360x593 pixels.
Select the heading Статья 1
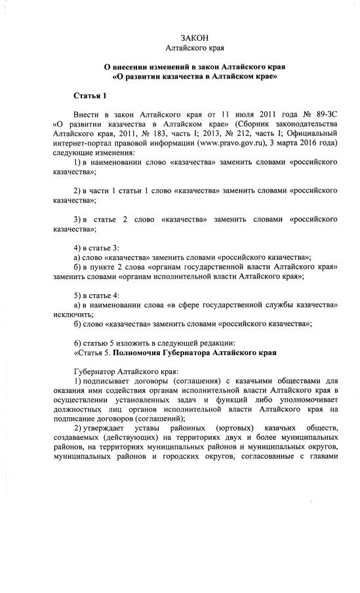(x=90, y=96)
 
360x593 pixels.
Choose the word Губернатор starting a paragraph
(x=96, y=372)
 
